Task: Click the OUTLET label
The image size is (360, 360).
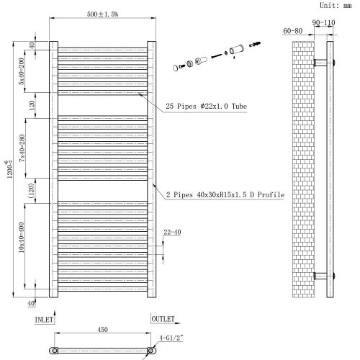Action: click(161, 318)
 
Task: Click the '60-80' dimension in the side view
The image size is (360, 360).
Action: click(293, 32)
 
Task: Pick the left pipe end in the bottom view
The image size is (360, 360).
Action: click(53, 351)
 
